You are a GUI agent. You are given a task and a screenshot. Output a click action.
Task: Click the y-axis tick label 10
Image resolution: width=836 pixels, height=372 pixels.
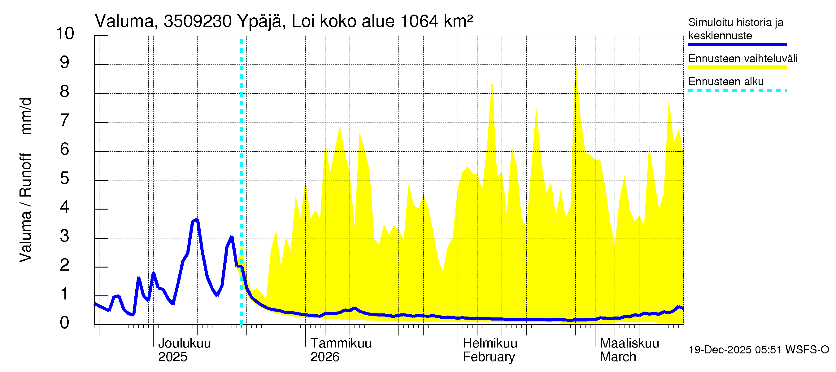(x=65, y=33)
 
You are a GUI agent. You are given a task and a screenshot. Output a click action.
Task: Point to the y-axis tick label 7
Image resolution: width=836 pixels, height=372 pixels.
(x=65, y=120)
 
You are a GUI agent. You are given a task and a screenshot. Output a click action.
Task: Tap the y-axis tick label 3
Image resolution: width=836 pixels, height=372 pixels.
(x=65, y=236)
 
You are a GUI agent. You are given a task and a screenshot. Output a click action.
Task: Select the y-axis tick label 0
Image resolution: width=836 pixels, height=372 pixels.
(x=65, y=323)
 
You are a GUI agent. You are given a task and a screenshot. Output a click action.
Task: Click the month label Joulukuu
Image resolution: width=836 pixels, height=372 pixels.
(x=184, y=343)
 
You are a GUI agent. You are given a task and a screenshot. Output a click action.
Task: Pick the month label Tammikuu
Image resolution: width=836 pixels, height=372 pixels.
(x=341, y=343)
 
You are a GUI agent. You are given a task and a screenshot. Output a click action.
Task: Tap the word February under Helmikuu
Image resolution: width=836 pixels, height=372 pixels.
(x=488, y=357)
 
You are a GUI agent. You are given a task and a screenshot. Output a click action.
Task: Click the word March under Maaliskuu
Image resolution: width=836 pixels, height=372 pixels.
(x=618, y=357)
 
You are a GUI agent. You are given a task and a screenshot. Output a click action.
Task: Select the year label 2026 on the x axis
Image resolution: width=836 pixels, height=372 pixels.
(x=324, y=357)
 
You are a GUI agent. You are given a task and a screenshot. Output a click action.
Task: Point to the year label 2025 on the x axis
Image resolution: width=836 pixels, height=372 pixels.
(x=172, y=357)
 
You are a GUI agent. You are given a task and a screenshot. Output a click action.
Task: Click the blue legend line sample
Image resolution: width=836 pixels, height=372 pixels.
(x=737, y=45)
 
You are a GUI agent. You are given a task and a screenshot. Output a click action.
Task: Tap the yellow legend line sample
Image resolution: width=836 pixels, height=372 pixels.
(x=737, y=68)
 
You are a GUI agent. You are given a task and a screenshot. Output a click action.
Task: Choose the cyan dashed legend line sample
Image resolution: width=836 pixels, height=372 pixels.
(x=737, y=91)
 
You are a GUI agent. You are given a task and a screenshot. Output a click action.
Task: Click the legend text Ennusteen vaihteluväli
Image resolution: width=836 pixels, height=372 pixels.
(x=743, y=59)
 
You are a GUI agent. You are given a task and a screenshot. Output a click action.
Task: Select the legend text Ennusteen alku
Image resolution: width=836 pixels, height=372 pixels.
(x=726, y=82)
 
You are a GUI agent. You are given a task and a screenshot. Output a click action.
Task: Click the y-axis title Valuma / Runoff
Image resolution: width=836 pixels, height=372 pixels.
(x=25, y=208)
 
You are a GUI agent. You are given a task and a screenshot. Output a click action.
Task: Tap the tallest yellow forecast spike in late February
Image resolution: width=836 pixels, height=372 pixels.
(x=576, y=59)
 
